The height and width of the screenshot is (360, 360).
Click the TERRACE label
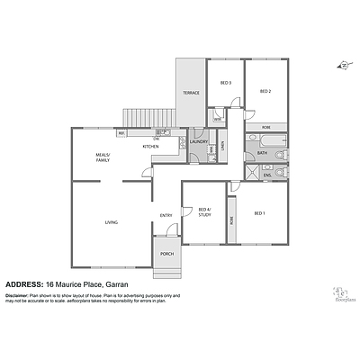tap(191, 93)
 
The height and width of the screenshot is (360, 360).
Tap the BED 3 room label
tap(226, 83)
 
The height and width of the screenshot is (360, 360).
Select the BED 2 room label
tap(265, 91)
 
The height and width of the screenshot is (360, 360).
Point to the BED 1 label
tap(259, 213)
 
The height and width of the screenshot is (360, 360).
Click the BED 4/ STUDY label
tap(204, 212)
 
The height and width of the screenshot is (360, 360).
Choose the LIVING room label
tap(111, 222)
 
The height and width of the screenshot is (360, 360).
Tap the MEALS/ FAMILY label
tap(108, 158)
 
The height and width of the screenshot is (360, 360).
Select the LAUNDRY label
tap(200, 140)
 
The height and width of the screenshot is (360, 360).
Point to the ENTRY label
tap(166, 214)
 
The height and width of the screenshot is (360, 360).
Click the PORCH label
tap(167, 255)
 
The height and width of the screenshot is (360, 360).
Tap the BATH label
tap(262, 153)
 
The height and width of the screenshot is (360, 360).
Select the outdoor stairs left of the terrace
tap(148, 117)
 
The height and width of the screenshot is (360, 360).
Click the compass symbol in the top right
tap(341, 65)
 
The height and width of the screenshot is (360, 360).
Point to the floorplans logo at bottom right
tap(341, 293)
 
